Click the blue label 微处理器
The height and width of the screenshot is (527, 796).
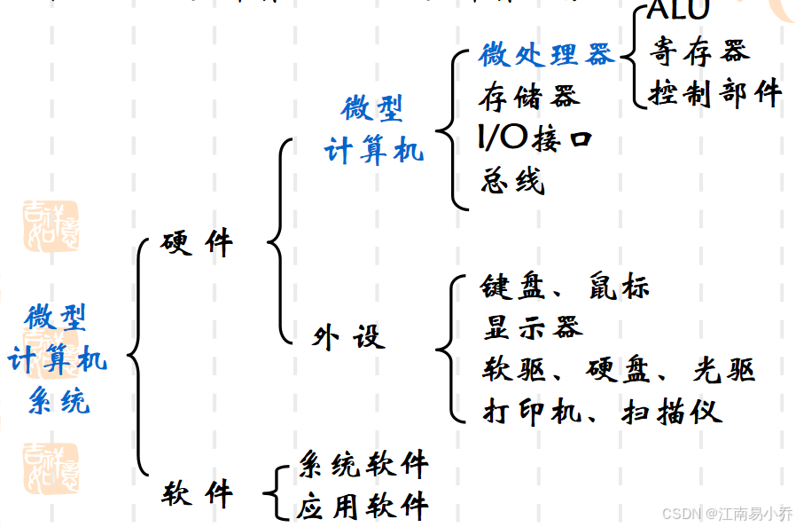coord(546,55)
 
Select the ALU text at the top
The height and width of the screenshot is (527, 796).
coord(679,11)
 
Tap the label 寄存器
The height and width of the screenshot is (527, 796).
coord(698,52)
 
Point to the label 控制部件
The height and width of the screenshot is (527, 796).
coord(715,92)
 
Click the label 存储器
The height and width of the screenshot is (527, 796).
coord(529,96)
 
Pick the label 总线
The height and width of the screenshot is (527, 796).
coord(512,181)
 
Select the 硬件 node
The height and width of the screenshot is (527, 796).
coord(197,243)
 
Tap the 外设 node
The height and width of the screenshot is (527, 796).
coord(348,337)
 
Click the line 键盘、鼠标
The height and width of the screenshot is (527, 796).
coord(566,287)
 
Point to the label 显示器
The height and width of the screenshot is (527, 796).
coord(533,327)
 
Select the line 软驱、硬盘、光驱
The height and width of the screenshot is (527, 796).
coord(618,369)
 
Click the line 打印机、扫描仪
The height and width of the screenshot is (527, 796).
coord(602,411)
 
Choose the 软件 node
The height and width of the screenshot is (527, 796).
coord(197,493)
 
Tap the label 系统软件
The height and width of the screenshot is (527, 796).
coord(363,463)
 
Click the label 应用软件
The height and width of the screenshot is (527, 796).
coord(363,507)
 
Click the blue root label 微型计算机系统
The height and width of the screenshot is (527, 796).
coord(58,359)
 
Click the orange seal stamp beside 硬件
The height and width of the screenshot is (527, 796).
coord(51,225)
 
